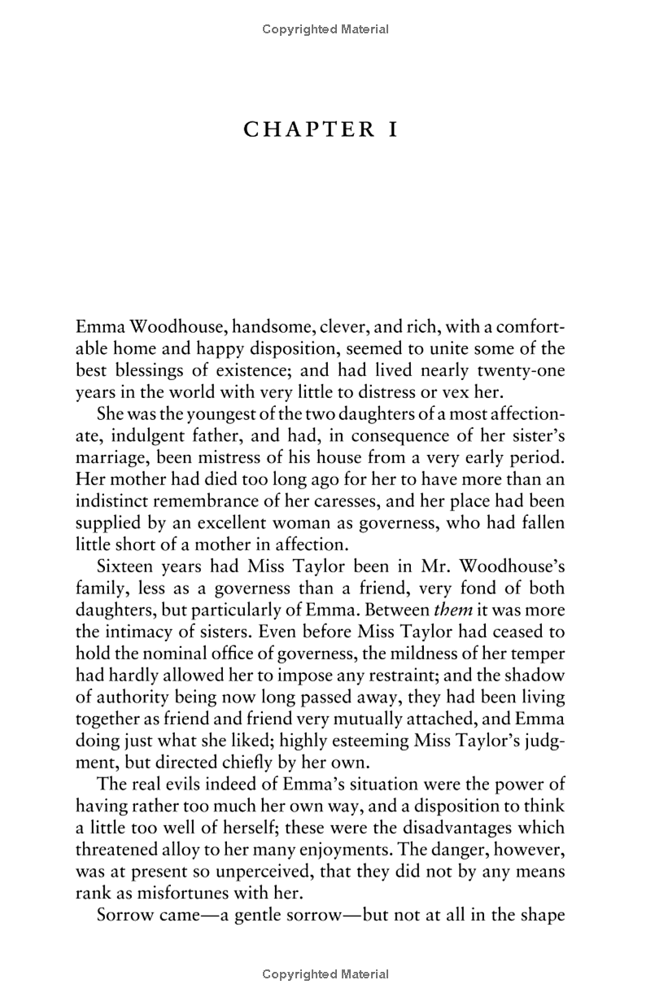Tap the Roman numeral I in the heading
coord(393,129)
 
